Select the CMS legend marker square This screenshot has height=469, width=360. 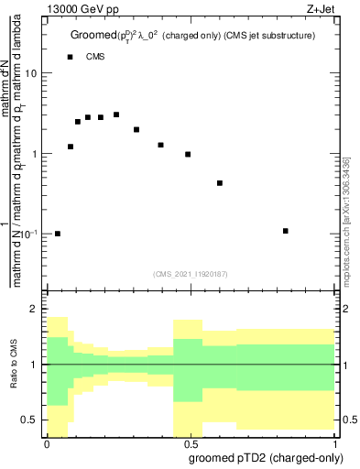pyautogui.click(x=70, y=57)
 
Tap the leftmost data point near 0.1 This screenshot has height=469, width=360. pyautogui.click(x=58, y=234)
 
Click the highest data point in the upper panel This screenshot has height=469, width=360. pyautogui.click(x=116, y=115)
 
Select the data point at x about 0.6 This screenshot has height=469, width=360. pyautogui.click(x=220, y=183)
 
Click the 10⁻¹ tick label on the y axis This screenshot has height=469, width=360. pyautogui.click(x=27, y=234)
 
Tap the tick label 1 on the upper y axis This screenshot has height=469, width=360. pyautogui.click(x=34, y=154)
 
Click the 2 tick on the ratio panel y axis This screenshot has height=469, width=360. pyautogui.click(x=34, y=310)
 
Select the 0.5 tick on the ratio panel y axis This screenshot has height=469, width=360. pyautogui.click(x=29, y=420)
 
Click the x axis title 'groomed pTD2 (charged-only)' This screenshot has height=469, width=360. pyautogui.click(x=264, y=457)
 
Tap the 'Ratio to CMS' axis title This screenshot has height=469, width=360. pyautogui.click(x=13, y=365)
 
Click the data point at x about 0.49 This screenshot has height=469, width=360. pyautogui.click(x=188, y=155)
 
